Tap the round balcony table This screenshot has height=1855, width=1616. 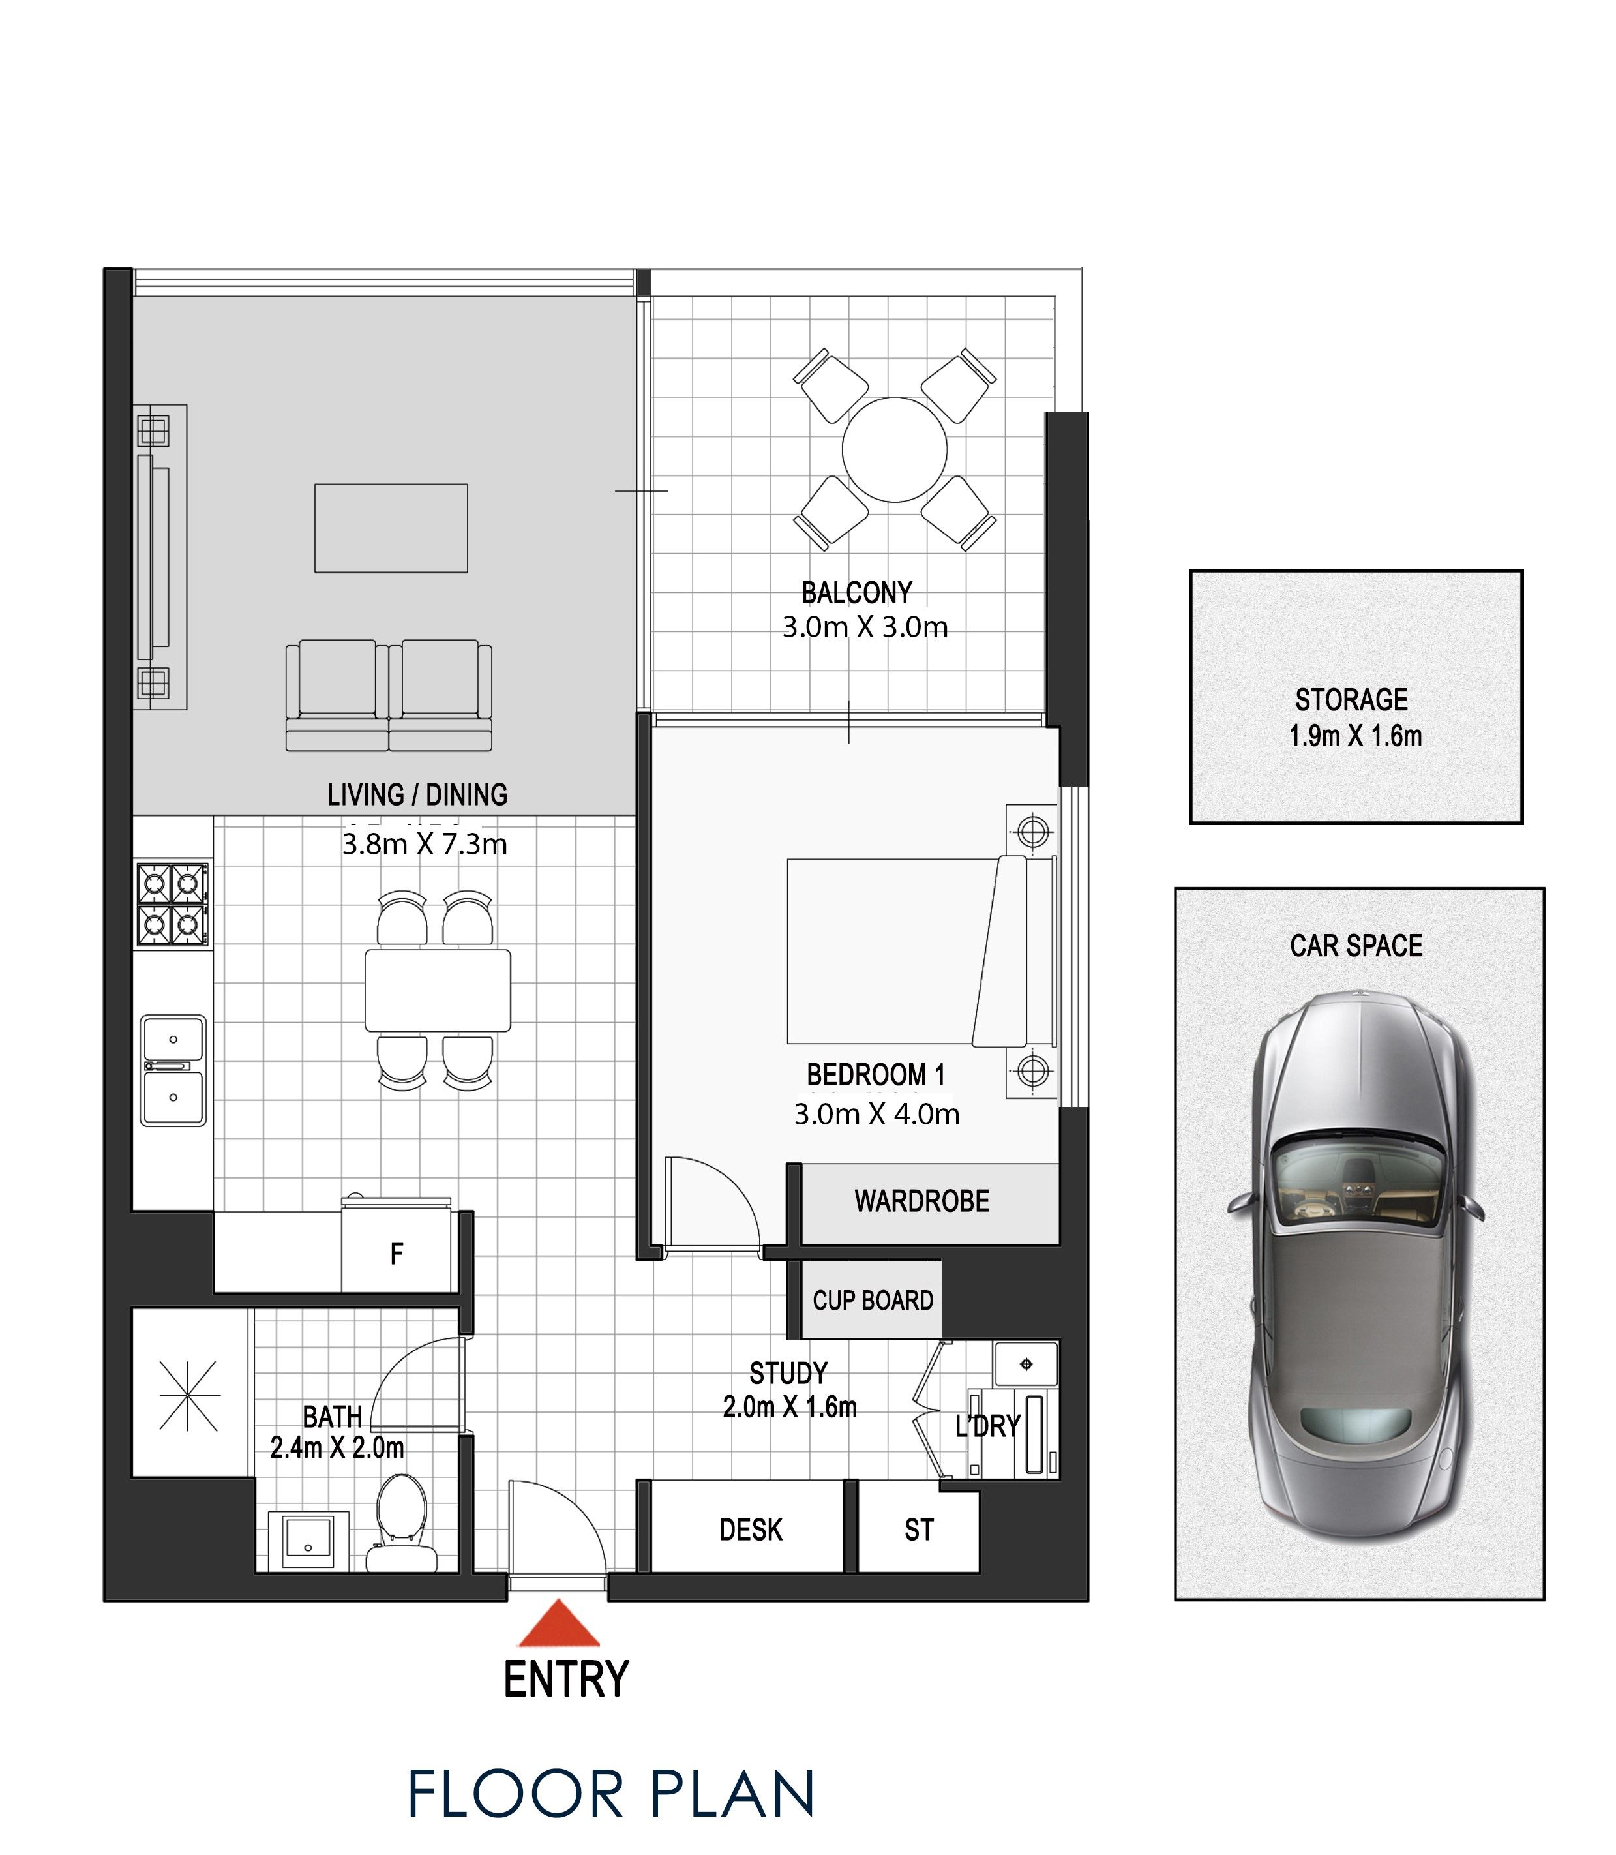click(x=895, y=449)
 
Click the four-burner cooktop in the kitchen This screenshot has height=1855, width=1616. click(x=172, y=905)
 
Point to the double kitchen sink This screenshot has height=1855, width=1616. click(x=173, y=1070)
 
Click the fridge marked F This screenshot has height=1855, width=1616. click(x=396, y=1252)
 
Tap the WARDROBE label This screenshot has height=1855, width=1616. click(x=921, y=1201)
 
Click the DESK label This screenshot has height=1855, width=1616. click(x=750, y=1530)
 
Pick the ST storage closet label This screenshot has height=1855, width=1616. click(x=919, y=1530)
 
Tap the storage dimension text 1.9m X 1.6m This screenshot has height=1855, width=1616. click(x=1355, y=736)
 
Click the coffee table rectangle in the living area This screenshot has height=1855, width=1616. click(x=391, y=528)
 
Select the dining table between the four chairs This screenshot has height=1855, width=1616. click(x=438, y=990)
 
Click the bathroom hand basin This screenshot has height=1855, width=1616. click(x=308, y=1542)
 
